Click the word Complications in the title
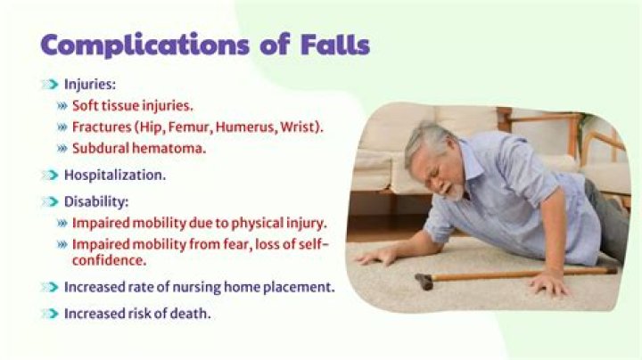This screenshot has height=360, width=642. (144, 45)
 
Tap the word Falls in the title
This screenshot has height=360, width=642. (335, 45)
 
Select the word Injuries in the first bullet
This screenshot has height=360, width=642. (88, 85)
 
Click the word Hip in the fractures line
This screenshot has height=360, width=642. (151, 127)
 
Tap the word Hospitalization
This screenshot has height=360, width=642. (115, 175)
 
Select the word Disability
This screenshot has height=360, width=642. (95, 201)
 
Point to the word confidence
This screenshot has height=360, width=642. (109, 260)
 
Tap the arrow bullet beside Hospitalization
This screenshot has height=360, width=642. (50, 175)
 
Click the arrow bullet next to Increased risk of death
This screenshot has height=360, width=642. (50, 314)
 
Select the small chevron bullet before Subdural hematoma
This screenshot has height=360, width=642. (62, 148)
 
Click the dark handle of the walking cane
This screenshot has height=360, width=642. (424, 282)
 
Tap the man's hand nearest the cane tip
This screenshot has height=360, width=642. (548, 284)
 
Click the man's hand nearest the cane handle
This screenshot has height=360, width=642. (376, 257)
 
